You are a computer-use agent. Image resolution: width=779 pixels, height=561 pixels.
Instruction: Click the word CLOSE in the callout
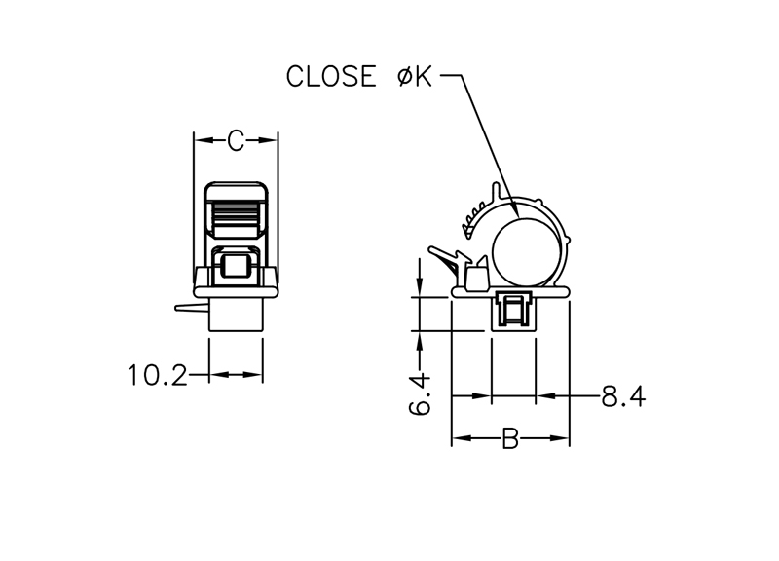331,77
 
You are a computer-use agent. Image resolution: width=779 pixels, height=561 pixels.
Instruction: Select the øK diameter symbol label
416,77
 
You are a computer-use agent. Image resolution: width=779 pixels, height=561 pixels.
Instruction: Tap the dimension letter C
236,140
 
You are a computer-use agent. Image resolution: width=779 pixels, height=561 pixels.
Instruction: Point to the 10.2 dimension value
158,375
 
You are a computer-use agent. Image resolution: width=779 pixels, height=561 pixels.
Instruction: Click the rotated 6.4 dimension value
420,394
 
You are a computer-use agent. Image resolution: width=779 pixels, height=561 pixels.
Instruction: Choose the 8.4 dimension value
623,396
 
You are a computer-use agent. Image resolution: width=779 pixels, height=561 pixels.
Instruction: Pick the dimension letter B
510,438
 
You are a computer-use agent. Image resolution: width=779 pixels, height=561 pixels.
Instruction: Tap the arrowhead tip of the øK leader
519,217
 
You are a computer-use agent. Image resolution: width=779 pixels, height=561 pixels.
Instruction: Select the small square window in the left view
236,266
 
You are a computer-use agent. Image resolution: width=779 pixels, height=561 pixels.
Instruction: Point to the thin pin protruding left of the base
191,308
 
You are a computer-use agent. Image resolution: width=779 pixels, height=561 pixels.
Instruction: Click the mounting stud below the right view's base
514,311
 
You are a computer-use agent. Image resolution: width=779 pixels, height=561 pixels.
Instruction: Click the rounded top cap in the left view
236,190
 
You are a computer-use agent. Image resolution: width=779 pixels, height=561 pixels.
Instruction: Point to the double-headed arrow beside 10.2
236,374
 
